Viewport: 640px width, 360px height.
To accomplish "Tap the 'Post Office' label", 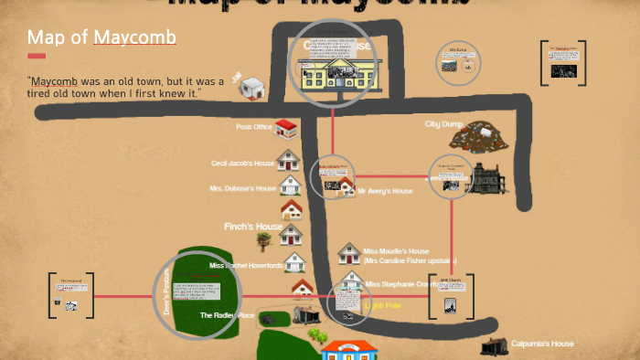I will [254, 127].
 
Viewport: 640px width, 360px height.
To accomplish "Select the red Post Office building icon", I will [286, 128].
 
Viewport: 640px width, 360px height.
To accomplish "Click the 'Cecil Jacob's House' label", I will [242, 164].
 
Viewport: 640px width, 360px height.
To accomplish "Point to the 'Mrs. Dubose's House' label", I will [242, 189].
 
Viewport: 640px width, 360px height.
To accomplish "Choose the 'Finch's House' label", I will [253, 227].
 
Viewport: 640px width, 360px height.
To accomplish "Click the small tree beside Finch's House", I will [264, 240].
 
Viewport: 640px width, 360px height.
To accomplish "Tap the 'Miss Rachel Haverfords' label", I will [245, 266].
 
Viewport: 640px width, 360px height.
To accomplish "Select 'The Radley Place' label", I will [228, 315].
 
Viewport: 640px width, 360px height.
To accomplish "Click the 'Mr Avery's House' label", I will [385, 191].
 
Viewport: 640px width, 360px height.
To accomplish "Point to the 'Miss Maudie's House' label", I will [396, 251].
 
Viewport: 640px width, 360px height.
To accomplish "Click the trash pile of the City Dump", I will [485, 138].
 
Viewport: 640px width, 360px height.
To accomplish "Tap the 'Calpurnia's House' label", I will [542, 344].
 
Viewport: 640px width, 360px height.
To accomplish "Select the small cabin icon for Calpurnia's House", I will [494, 345].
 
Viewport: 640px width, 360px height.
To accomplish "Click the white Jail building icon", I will [253, 90].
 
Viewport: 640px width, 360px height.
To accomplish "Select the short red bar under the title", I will [37, 56].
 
